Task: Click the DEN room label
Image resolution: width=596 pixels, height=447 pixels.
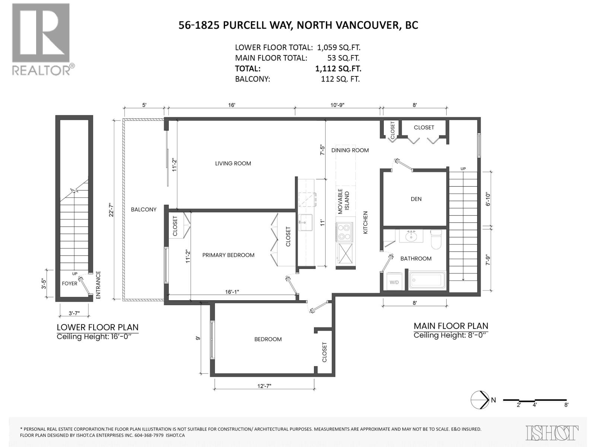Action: coord(416,199)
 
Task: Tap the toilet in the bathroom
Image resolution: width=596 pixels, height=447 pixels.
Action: coord(436,240)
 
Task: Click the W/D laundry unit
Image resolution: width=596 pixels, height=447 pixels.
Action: coord(394,282)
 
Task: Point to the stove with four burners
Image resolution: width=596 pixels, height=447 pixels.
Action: coord(344,232)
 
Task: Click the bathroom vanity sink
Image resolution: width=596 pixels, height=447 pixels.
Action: coord(411,236)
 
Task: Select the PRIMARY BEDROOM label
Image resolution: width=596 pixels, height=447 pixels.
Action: coord(228,255)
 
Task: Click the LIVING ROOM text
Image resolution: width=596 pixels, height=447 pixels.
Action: coord(233,164)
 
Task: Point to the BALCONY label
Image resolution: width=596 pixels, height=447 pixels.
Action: coord(144,209)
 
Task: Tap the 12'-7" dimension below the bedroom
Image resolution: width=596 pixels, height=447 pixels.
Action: coord(264,386)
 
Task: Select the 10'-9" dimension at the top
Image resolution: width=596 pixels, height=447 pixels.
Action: coord(337,105)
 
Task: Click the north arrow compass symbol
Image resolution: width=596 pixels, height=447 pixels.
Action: coord(480,408)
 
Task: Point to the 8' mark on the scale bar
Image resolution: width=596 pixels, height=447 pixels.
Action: coord(566,412)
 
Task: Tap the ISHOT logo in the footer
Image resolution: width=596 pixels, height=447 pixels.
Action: coord(552,433)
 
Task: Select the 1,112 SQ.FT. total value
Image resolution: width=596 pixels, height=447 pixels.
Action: coord(338,69)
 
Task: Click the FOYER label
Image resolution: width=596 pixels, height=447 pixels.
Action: coord(70,283)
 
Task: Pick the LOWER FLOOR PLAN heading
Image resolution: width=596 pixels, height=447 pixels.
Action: coord(98,327)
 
